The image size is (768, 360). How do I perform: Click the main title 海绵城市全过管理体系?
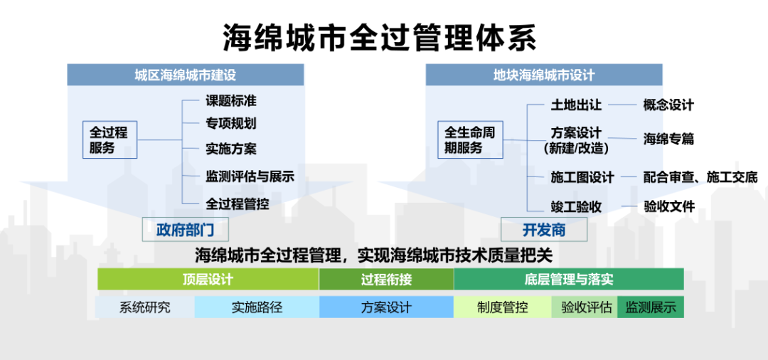point(380,37)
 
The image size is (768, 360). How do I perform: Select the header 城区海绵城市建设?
point(185,75)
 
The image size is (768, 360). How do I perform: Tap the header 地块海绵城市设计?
point(544,75)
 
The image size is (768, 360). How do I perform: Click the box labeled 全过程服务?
point(110,139)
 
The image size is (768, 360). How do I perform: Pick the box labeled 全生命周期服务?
point(470,139)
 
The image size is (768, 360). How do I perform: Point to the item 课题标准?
point(231,102)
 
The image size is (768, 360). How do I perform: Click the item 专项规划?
point(231,123)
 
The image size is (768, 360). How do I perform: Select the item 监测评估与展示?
point(250,176)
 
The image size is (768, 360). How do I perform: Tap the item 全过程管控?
point(238,203)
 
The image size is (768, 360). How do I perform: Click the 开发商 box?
point(544,230)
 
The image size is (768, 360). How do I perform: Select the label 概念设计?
point(668,105)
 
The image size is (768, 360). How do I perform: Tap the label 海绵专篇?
point(668,139)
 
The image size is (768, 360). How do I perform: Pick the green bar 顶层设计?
point(208,279)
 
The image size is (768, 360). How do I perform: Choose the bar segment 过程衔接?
point(386,279)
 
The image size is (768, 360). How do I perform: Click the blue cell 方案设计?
point(386,307)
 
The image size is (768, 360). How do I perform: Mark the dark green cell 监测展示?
point(651,307)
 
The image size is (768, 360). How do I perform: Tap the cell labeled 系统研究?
point(146,307)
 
